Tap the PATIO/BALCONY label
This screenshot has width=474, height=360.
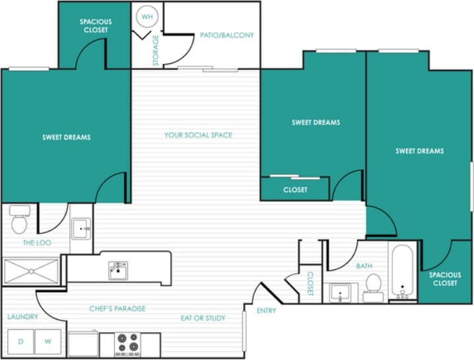226,35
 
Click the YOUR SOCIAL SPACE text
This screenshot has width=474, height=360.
198,135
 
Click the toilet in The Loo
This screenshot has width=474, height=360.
19,221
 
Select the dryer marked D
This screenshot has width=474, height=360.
20,342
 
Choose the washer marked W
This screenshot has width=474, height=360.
48,342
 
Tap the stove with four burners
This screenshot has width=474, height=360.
127,343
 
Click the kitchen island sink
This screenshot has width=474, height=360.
118,270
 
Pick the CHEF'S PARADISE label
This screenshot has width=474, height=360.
118,308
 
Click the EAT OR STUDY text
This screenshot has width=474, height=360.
203,318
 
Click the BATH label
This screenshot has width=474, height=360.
364,266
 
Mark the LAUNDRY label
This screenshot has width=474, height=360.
22,317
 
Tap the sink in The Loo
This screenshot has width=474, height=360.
81,230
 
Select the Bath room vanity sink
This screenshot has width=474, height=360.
341,291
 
